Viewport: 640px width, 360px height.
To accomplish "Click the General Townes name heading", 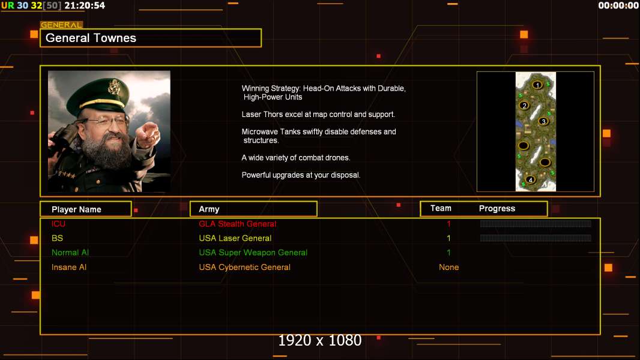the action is click(x=91, y=38).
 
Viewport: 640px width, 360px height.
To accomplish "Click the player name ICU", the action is click(x=58, y=224).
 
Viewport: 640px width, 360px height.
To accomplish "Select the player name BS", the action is click(x=57, y=238).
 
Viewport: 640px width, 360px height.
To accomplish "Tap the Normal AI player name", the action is click(x=70, y=253).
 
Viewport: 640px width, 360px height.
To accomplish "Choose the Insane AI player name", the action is click(x=69, y=268).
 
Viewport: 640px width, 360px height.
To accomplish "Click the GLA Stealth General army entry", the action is click(x=238, y=224).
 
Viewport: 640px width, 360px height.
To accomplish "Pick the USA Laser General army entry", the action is click(x=235, y=238).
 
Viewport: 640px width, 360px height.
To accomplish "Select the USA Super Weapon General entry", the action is click(x=253, y=253).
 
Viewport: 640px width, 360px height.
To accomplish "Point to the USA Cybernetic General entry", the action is click(x=244, y=268).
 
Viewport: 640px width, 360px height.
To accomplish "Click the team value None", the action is click(x=448, y=268).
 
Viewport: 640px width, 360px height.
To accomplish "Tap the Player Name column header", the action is click(x=76, y=209).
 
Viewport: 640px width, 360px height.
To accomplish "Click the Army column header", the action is click(x=209, y=209).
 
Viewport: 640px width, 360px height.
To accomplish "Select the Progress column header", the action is click(x=497, y=209).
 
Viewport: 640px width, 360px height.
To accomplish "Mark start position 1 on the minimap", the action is click(x=537, y=85).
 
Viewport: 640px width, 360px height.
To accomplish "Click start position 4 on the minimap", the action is click(x=530, y=180).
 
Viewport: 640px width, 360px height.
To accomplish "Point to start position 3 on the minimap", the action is click(x=543, y=121).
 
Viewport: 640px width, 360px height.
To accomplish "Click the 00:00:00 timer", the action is click(x=618, y=5).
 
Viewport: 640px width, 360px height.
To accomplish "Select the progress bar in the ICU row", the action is click(x=536, y=223).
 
